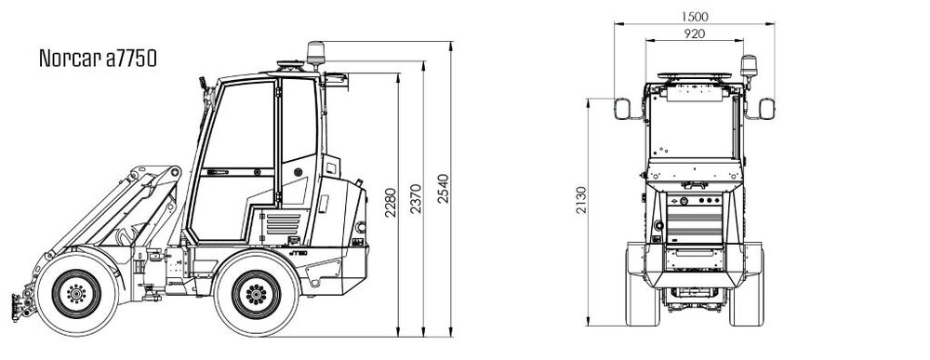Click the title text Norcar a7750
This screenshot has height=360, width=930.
(x=98, y=58)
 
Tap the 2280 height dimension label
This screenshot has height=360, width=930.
(x=391, y=203)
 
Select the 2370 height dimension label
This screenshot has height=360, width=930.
(x=416, y=199)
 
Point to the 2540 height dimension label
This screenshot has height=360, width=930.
(x=443, y=189)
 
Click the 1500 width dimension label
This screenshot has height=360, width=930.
(x=695, y=17)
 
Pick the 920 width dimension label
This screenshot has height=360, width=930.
(x=695, y=33)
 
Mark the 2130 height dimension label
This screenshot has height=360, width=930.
(x=581, y=200)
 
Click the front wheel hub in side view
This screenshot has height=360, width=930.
(x=76, y=293)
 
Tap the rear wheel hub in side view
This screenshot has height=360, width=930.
(x=257, y=294)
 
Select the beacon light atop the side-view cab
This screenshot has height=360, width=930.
(x=315, y=53)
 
